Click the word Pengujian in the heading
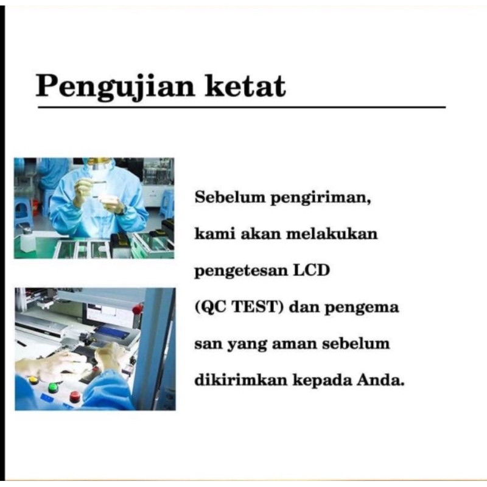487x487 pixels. tap(115, 87)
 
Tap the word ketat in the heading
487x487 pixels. tap(245, 86)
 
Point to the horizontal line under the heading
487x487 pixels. tap(242, 107)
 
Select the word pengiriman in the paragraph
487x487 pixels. tap(321, 198)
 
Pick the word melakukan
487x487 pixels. tap(331, 234)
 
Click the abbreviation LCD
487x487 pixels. tap(312, 270)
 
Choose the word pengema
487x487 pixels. tap(362, 308)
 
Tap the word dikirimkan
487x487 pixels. tap(240, 379)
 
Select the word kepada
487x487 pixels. tap(322, 381)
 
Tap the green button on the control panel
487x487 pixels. tap(53, 387)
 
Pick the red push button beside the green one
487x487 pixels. tap(74, 396)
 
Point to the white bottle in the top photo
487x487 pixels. tap(27, 239)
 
